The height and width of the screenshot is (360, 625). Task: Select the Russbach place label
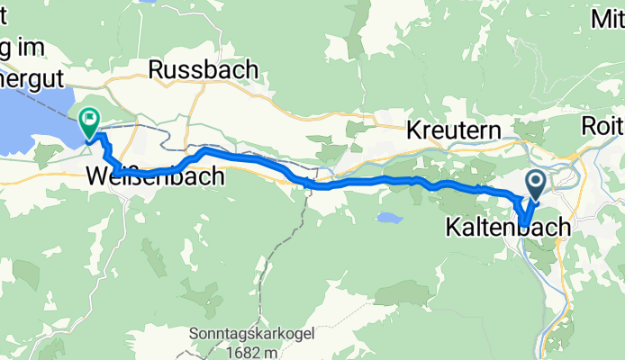click(x=203, y=69)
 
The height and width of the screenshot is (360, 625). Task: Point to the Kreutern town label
click(x=453, y=130)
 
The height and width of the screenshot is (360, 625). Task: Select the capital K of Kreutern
click(x=413, y=130)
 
